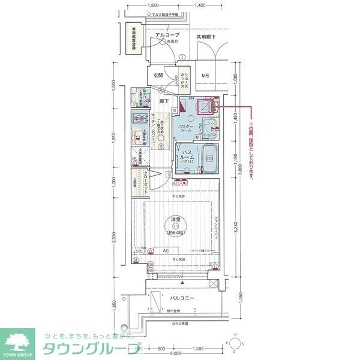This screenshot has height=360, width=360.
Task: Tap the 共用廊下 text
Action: point(205,37)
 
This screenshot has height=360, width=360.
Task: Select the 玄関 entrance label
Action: point(158,76)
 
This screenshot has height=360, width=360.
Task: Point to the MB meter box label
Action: point(205,76)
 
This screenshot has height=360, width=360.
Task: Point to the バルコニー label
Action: point(181,298)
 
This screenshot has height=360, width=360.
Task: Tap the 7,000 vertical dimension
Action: point(239,172)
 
